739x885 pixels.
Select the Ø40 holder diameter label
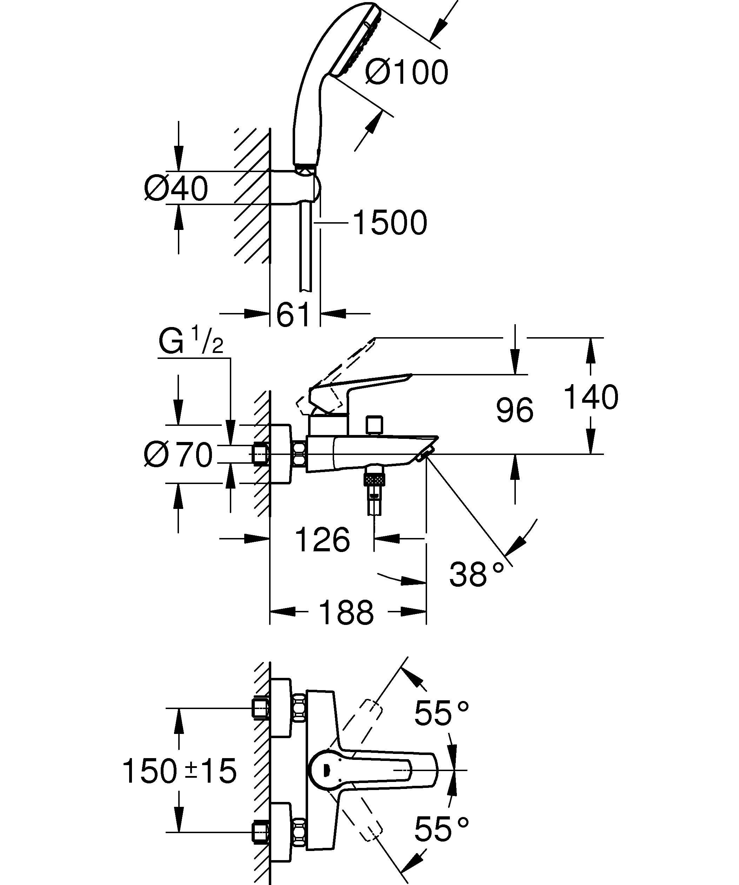click(175, 188)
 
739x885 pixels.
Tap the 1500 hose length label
click(389, 223)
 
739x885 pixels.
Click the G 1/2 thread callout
click(191, 341)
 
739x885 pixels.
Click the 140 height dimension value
click(591, 397)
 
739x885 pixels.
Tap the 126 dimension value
click(323, 539)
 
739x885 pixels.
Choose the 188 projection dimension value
click(347, 613)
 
